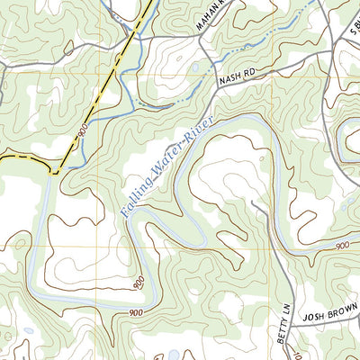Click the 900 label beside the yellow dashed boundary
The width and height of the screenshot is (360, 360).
[x=82, y=131]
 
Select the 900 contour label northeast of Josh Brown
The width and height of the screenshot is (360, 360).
[x=342, y=245]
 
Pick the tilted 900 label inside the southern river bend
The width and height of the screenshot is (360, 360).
[x=139, y=283]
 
